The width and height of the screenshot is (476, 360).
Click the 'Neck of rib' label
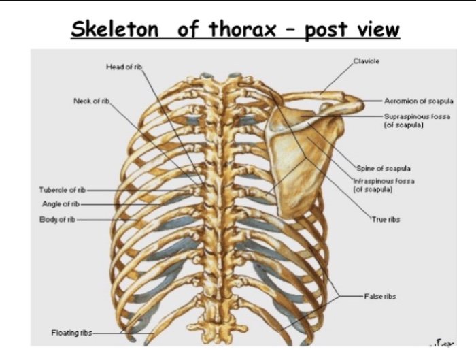tap(92, 101)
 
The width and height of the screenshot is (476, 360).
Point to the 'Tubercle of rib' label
tap(62, 190)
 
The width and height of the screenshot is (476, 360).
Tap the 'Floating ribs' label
tap(71, 333)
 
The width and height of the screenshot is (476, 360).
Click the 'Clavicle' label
tap(367, 61)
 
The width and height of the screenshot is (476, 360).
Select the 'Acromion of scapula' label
tap(419, 101)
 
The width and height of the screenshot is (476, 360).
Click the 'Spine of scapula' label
tap(384, 168)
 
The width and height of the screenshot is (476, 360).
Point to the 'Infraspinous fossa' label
tap(384, 184)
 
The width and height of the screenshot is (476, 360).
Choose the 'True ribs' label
tap(386, 220)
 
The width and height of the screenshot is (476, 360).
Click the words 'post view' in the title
tap(353, 30)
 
